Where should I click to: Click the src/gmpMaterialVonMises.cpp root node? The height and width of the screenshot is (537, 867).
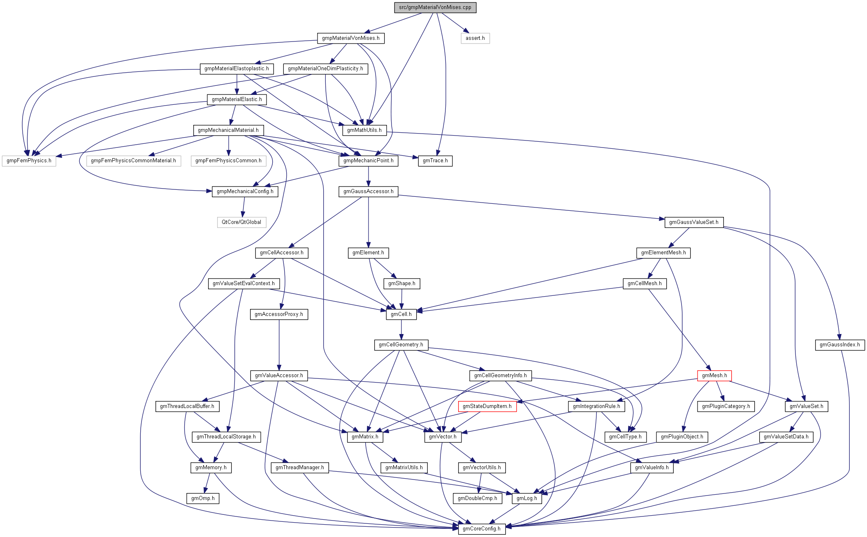(435, 7)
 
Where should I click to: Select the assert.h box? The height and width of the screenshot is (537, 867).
(475, 38)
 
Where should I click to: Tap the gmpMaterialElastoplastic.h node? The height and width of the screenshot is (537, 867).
(236, 69)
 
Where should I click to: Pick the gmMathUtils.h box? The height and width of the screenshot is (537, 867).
(364, 130)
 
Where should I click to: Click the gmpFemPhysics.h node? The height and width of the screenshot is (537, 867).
(29, 161)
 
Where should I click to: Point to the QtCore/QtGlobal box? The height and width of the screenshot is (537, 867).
(241, 222)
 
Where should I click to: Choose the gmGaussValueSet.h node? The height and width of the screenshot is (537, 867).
(693, 222)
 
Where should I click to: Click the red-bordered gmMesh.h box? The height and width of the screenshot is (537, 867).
(714, 376)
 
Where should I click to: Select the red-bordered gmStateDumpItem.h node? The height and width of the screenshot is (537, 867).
(487, 406)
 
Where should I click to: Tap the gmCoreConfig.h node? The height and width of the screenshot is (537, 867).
(482, 529)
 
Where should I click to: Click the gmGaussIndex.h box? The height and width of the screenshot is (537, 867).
(840, 345)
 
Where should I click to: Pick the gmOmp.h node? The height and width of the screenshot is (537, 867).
(203, 498)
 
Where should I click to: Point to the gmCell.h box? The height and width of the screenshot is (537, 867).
(401, 314)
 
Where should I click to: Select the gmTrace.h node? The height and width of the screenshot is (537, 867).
(435, 161)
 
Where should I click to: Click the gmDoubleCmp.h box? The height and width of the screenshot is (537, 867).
(478, 498)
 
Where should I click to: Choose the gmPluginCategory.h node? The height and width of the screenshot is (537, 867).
(726, 406)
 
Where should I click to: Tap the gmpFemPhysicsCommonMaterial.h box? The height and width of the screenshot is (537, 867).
(133, 161)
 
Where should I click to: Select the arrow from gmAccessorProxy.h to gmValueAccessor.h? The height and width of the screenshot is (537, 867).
(279, 345)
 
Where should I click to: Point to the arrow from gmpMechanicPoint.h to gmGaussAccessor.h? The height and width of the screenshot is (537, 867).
(369, 176)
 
